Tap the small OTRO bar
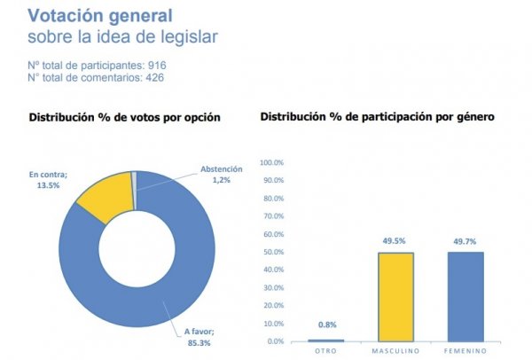click(x=325, y=340)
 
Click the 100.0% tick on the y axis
click(x=270, y=163)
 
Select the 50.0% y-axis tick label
click(x=272, y=253)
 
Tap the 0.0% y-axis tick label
click(x=274, y=341)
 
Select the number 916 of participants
click(x=157, y=65)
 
